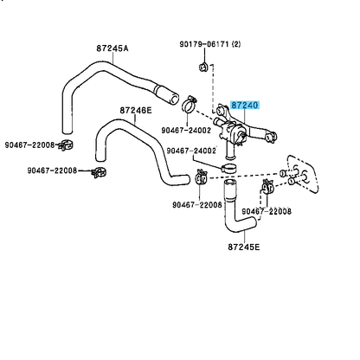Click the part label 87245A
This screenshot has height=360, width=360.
click(x=112, y=48)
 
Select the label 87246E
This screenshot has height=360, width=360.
click(x=136, y=110)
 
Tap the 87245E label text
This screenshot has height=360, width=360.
click(x=244, y=247)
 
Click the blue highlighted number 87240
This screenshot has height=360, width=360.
click(x=244, y=106)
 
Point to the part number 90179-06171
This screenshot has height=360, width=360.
click(x=204, y=44)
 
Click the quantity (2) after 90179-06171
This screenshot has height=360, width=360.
click(x=236, y=44)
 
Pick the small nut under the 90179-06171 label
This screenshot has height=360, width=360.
click(x=203, y=67)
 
